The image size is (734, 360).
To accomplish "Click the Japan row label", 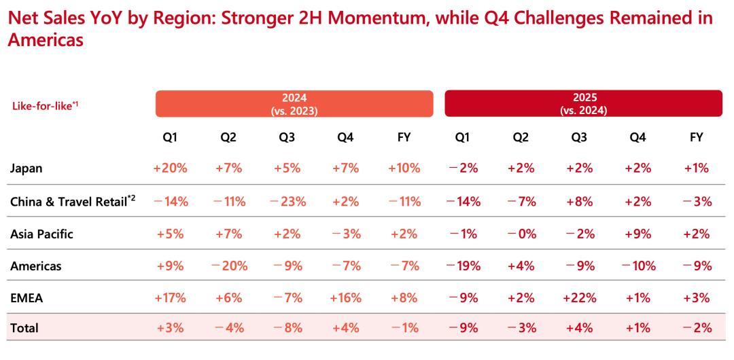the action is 26,168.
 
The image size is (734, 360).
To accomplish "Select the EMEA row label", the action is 27,298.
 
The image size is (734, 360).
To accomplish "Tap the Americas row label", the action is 35,266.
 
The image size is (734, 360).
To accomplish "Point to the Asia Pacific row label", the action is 41,234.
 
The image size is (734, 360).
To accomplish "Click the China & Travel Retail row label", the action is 73,201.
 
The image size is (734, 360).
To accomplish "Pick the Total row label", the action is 24,328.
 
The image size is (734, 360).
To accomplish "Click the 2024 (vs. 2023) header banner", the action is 294,103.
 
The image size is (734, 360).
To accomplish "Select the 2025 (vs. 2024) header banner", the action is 583,103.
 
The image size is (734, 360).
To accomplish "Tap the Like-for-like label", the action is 45,105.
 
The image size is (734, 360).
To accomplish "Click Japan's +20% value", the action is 171,168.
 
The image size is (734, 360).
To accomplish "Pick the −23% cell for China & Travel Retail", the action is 288,202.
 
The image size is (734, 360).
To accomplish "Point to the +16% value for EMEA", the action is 345,298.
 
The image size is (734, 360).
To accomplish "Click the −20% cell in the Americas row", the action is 230,266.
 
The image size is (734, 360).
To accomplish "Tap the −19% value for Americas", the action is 464,266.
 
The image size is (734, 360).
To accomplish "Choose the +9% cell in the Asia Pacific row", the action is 637,234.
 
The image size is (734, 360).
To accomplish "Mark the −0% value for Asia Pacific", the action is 521,234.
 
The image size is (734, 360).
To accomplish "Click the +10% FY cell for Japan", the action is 404,168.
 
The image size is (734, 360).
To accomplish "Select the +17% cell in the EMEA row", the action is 171,298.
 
